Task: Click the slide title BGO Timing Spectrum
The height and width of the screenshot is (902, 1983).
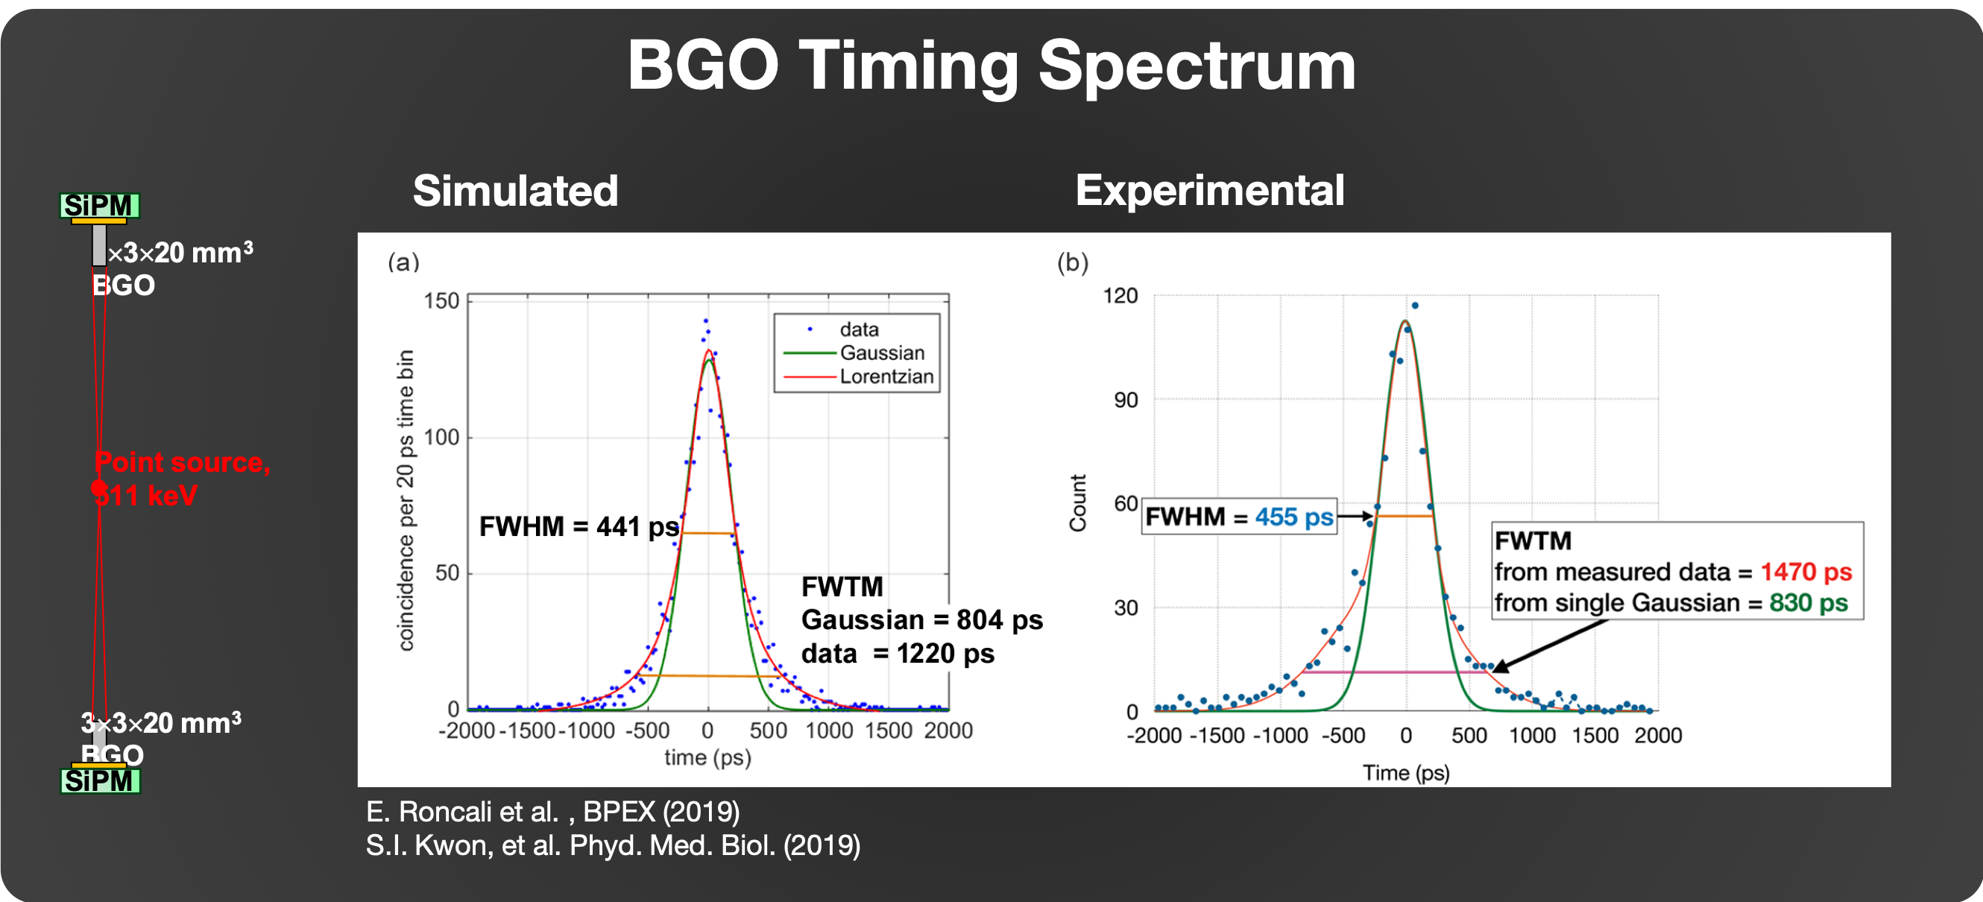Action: point(991,66)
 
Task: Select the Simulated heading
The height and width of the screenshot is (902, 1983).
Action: point(515,191)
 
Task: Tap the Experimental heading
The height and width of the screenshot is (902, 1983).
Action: point(1209,190)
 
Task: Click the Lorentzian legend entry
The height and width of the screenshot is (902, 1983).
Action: point(886,376)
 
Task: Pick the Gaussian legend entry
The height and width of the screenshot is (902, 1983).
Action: point(881,353)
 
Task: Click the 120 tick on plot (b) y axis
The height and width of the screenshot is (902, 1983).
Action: point(1120,296)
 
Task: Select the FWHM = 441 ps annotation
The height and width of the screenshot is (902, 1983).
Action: point(579,527)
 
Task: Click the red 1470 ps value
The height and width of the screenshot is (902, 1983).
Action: point(1805,572)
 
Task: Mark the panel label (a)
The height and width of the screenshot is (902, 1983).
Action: point(403,262)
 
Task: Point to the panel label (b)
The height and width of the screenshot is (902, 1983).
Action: point(1072,263)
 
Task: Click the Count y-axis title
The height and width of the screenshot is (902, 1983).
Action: point(1078,502)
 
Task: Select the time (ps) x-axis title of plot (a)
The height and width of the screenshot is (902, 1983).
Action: point(707,758)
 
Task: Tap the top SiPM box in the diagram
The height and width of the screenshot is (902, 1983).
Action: point(99,206)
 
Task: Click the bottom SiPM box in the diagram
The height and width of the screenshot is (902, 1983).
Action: point(100,781)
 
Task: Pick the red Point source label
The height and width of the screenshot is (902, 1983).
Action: point(182,462)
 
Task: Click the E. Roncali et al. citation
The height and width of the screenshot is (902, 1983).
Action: point(552,812)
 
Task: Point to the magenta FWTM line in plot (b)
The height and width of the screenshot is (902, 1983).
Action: point(1393,672)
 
